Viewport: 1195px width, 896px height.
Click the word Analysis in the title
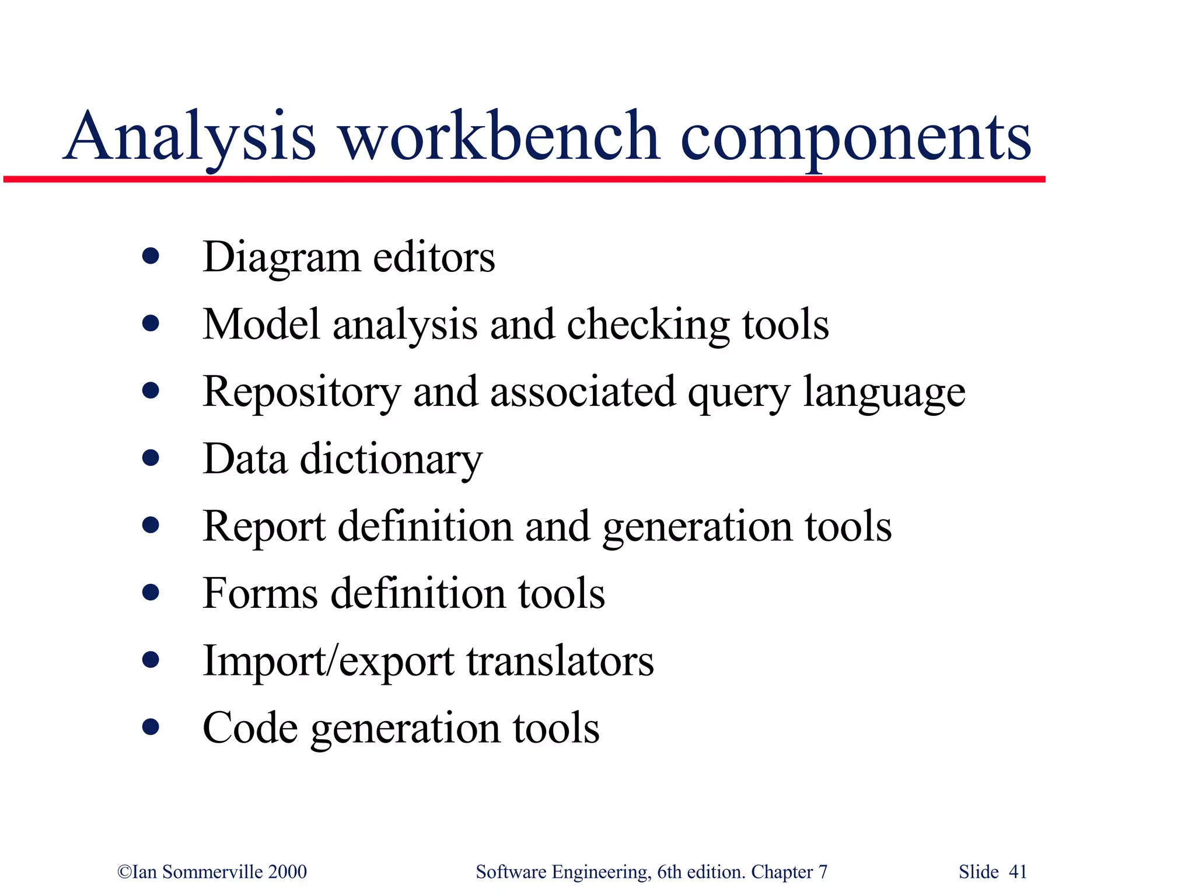coord(190,138)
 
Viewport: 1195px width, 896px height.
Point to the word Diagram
coord(281,258)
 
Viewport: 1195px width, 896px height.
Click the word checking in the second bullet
coord(648,325)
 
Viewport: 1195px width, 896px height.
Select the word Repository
coord(301,393)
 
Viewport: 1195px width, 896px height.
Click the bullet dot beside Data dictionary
coord(151,457)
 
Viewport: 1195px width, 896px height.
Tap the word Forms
coord(260,594)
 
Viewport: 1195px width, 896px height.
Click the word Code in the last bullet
coord(250,728)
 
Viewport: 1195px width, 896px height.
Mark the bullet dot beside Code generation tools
coord(151,727)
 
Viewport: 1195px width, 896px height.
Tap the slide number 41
coord(1018,871)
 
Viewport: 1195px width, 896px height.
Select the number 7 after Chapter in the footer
coord(823,871)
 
